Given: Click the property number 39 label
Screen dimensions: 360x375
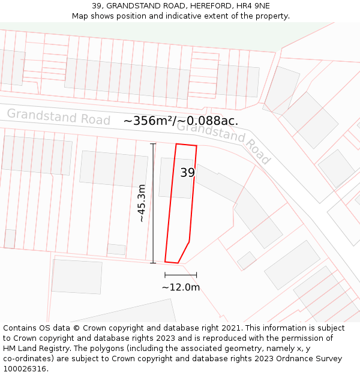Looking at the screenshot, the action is [187, 173].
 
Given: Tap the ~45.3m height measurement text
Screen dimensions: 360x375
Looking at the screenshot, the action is [142, 203].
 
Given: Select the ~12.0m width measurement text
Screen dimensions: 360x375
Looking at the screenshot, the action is [181, 287].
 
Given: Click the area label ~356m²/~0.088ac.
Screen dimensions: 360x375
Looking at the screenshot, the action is [181, 121].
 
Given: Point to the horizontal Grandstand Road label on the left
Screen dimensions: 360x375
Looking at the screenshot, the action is [58, 116].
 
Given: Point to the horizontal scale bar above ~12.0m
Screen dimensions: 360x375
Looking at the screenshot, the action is [181, 275].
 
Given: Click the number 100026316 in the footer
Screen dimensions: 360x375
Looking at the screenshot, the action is [25, 368].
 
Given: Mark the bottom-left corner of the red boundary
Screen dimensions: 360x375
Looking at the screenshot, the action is [166, 261].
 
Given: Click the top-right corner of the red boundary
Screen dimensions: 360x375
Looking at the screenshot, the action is [196, 146].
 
